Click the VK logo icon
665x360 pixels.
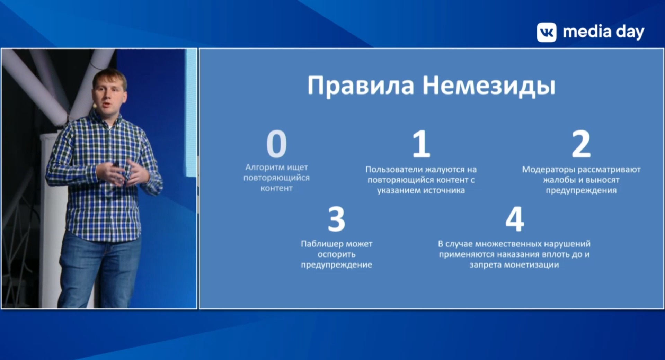[547, 33]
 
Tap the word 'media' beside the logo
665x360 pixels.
[587, 32]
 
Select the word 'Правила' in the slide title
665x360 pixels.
[361, 85]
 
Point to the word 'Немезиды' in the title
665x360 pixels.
[489, 86]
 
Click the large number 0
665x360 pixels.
[276, 144]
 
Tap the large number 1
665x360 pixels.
[421, 144]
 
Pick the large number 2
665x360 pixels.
[581, 144]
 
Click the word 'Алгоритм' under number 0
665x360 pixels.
[265, 168]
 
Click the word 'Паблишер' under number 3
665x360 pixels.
[322, 244]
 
